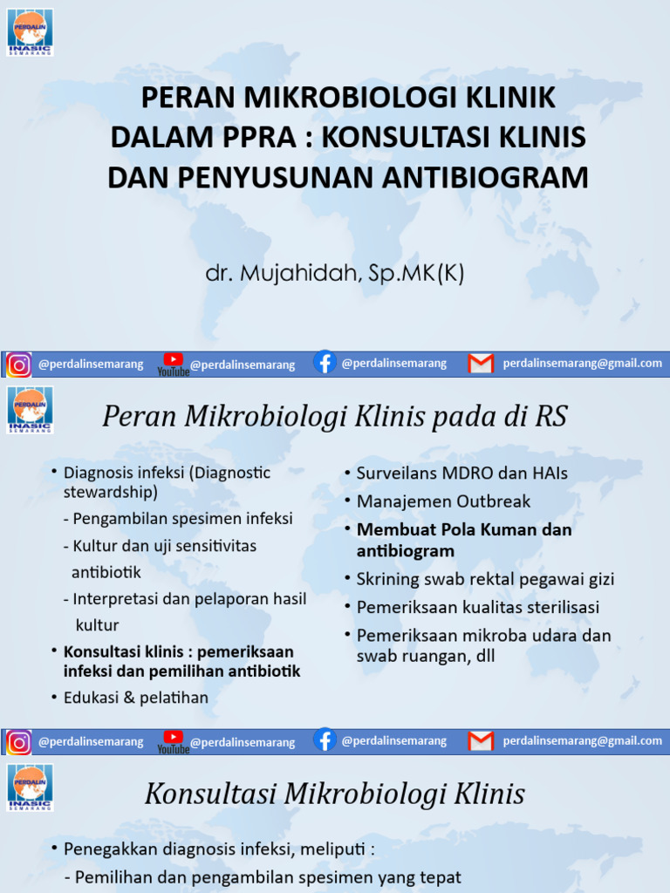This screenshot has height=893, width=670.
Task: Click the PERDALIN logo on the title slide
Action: [31, 32]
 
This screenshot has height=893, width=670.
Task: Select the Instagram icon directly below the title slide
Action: [19, 365]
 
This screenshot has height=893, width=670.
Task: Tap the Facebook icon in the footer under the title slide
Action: [325, 363]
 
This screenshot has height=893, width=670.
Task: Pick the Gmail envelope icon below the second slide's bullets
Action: [481, 740]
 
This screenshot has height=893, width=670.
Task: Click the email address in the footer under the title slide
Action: [582, 364]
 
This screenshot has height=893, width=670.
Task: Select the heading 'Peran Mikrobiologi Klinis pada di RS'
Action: [334, 417]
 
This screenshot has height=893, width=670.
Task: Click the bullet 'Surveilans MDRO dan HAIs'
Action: [461, 474]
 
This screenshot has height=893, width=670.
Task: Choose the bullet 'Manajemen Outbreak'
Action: [443, 501]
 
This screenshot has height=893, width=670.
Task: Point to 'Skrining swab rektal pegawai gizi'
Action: [485, 579]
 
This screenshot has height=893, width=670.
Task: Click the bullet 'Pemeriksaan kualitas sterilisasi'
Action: [477, 607]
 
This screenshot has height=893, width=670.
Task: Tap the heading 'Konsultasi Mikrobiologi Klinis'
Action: [334, 794]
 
